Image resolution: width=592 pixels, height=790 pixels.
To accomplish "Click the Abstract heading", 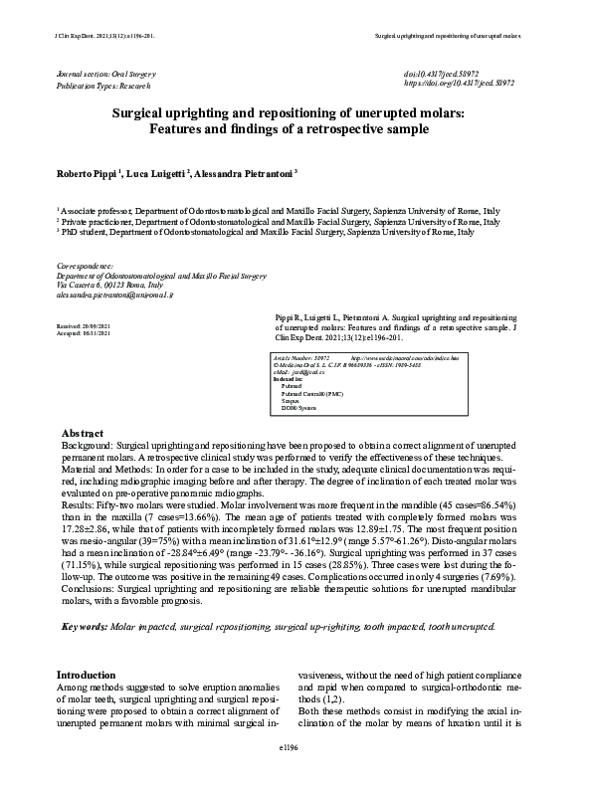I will [x=84, y=434].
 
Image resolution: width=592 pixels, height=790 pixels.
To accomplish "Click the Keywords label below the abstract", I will [x=86, y=627].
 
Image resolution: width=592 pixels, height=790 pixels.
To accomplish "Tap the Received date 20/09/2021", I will [x=84, y=326].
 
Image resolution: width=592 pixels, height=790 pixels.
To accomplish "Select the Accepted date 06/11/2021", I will [x=84, y=334].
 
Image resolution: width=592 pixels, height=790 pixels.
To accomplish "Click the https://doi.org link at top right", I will [x=459, y=85].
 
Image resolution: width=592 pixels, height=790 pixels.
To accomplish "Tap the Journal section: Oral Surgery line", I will [x=106, y=75].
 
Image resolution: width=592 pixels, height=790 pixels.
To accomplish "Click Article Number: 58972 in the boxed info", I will [x=301, y=356].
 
